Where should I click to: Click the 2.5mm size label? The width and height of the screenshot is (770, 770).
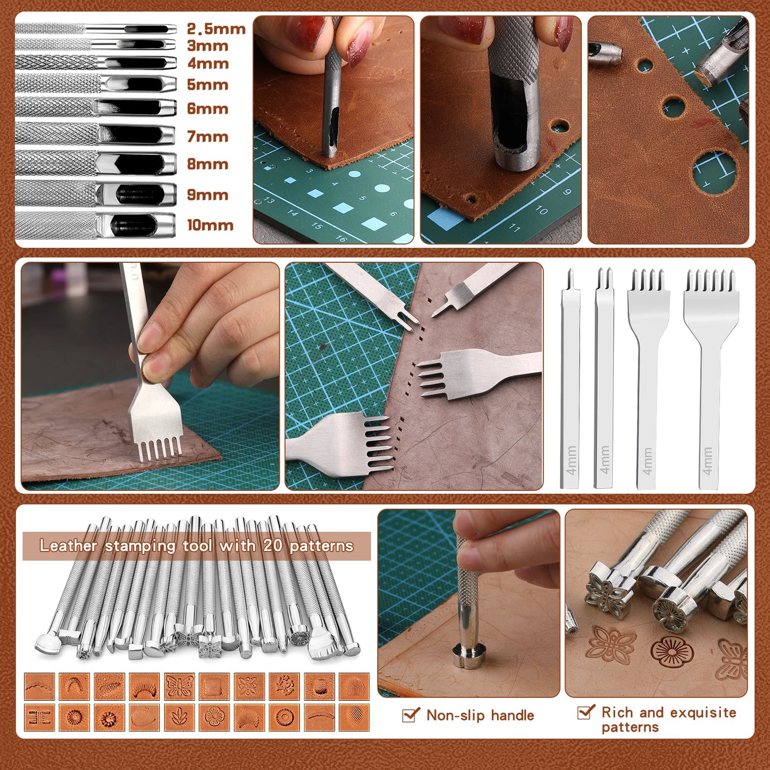pyautogui.click(x=216, y=29)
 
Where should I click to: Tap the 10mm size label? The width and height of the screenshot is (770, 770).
pyautogui.click(x=210, y=225)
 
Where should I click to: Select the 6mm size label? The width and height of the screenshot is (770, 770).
pyautogui.click(x=207, y=109)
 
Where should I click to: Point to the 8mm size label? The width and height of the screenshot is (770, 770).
pyautogui.click(x=207, y=164)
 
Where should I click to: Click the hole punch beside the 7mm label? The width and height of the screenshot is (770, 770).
pyautogui.click(x=96, y=134)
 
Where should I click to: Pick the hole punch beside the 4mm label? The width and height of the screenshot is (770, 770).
pyautogui.click(x=96, y=63)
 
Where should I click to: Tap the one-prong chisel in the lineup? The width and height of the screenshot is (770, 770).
pyautogui.click(x=570, y=378)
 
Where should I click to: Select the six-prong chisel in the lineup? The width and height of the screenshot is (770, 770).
pyautogui.click(x=711, y=378)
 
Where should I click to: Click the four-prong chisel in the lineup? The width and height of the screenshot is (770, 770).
pyautogui.click(x=647, y=378)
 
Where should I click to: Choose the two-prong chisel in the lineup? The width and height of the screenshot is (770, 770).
pyautogui.click(x=604, y=378)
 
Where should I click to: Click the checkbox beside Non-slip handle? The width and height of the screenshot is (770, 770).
pyautogui.click(x=410, y=715)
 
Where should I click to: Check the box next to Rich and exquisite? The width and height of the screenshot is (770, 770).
pyautogui.click(x=586, y=712)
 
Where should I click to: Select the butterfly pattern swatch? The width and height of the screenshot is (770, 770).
pyautogui.click(x=180, y=686)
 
